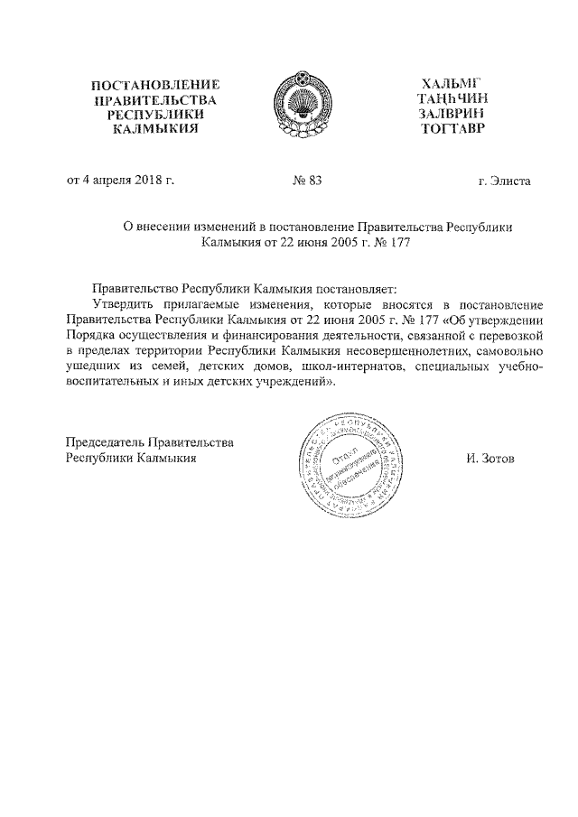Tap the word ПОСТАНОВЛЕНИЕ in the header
point(156,85)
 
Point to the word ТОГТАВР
point(452,130)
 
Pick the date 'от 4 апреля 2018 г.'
point(120,181)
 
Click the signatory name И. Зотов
point(489,458)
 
